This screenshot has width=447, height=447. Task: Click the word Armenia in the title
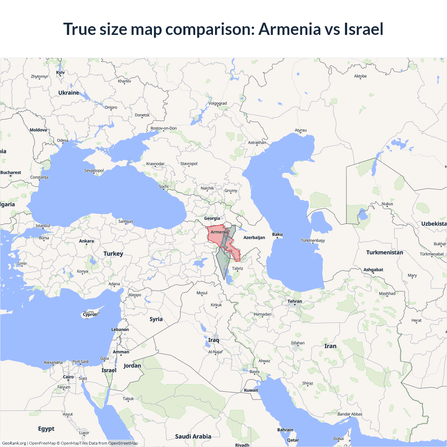pos(290,29)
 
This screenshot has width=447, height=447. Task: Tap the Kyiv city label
pos(60,73)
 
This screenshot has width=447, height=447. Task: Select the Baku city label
pos(277,234)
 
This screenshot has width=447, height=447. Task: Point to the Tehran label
pos(295,301)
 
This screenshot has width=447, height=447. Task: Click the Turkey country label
pos(113,254)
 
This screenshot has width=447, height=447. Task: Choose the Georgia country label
pos(212,218)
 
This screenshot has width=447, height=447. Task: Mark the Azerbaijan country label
pos(254,237)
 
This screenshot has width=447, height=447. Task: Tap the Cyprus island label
pos(90,314)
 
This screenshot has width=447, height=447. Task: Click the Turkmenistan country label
pos(384,252)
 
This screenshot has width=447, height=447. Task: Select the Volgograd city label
pos(218,103)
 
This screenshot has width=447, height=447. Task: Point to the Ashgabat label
pos(373,270)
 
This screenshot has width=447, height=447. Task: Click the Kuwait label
pos(251,390)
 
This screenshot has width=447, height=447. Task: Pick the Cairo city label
pos(68,377)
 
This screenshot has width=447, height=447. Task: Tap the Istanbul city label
pos(43,226)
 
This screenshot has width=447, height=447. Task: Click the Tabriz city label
pos(237,269)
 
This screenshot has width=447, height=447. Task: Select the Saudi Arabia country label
pos(193,437)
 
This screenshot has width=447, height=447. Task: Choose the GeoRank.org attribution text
pos(14,443)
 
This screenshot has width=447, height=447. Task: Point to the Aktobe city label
pos(360,76)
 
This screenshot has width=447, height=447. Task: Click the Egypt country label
pos(46,429)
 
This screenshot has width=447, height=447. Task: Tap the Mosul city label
pos(202,293)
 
